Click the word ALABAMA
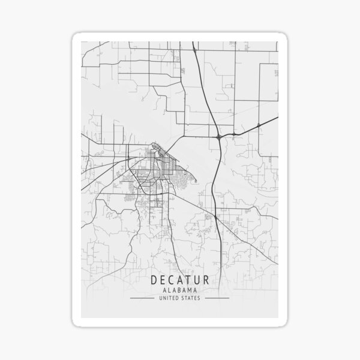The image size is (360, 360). pyautogui.click(x=180, y=290)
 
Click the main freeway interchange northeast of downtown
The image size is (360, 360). pyautogui.click(x=220, y=137)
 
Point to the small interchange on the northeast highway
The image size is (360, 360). pyautogui.click(x=257, y=124)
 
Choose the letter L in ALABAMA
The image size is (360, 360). pyautogui.click(x=169, y=290)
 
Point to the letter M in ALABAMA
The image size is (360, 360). pyautogui.click(x=190, y=290)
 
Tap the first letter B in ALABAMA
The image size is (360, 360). pyautogui.click(x=179, y=290)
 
